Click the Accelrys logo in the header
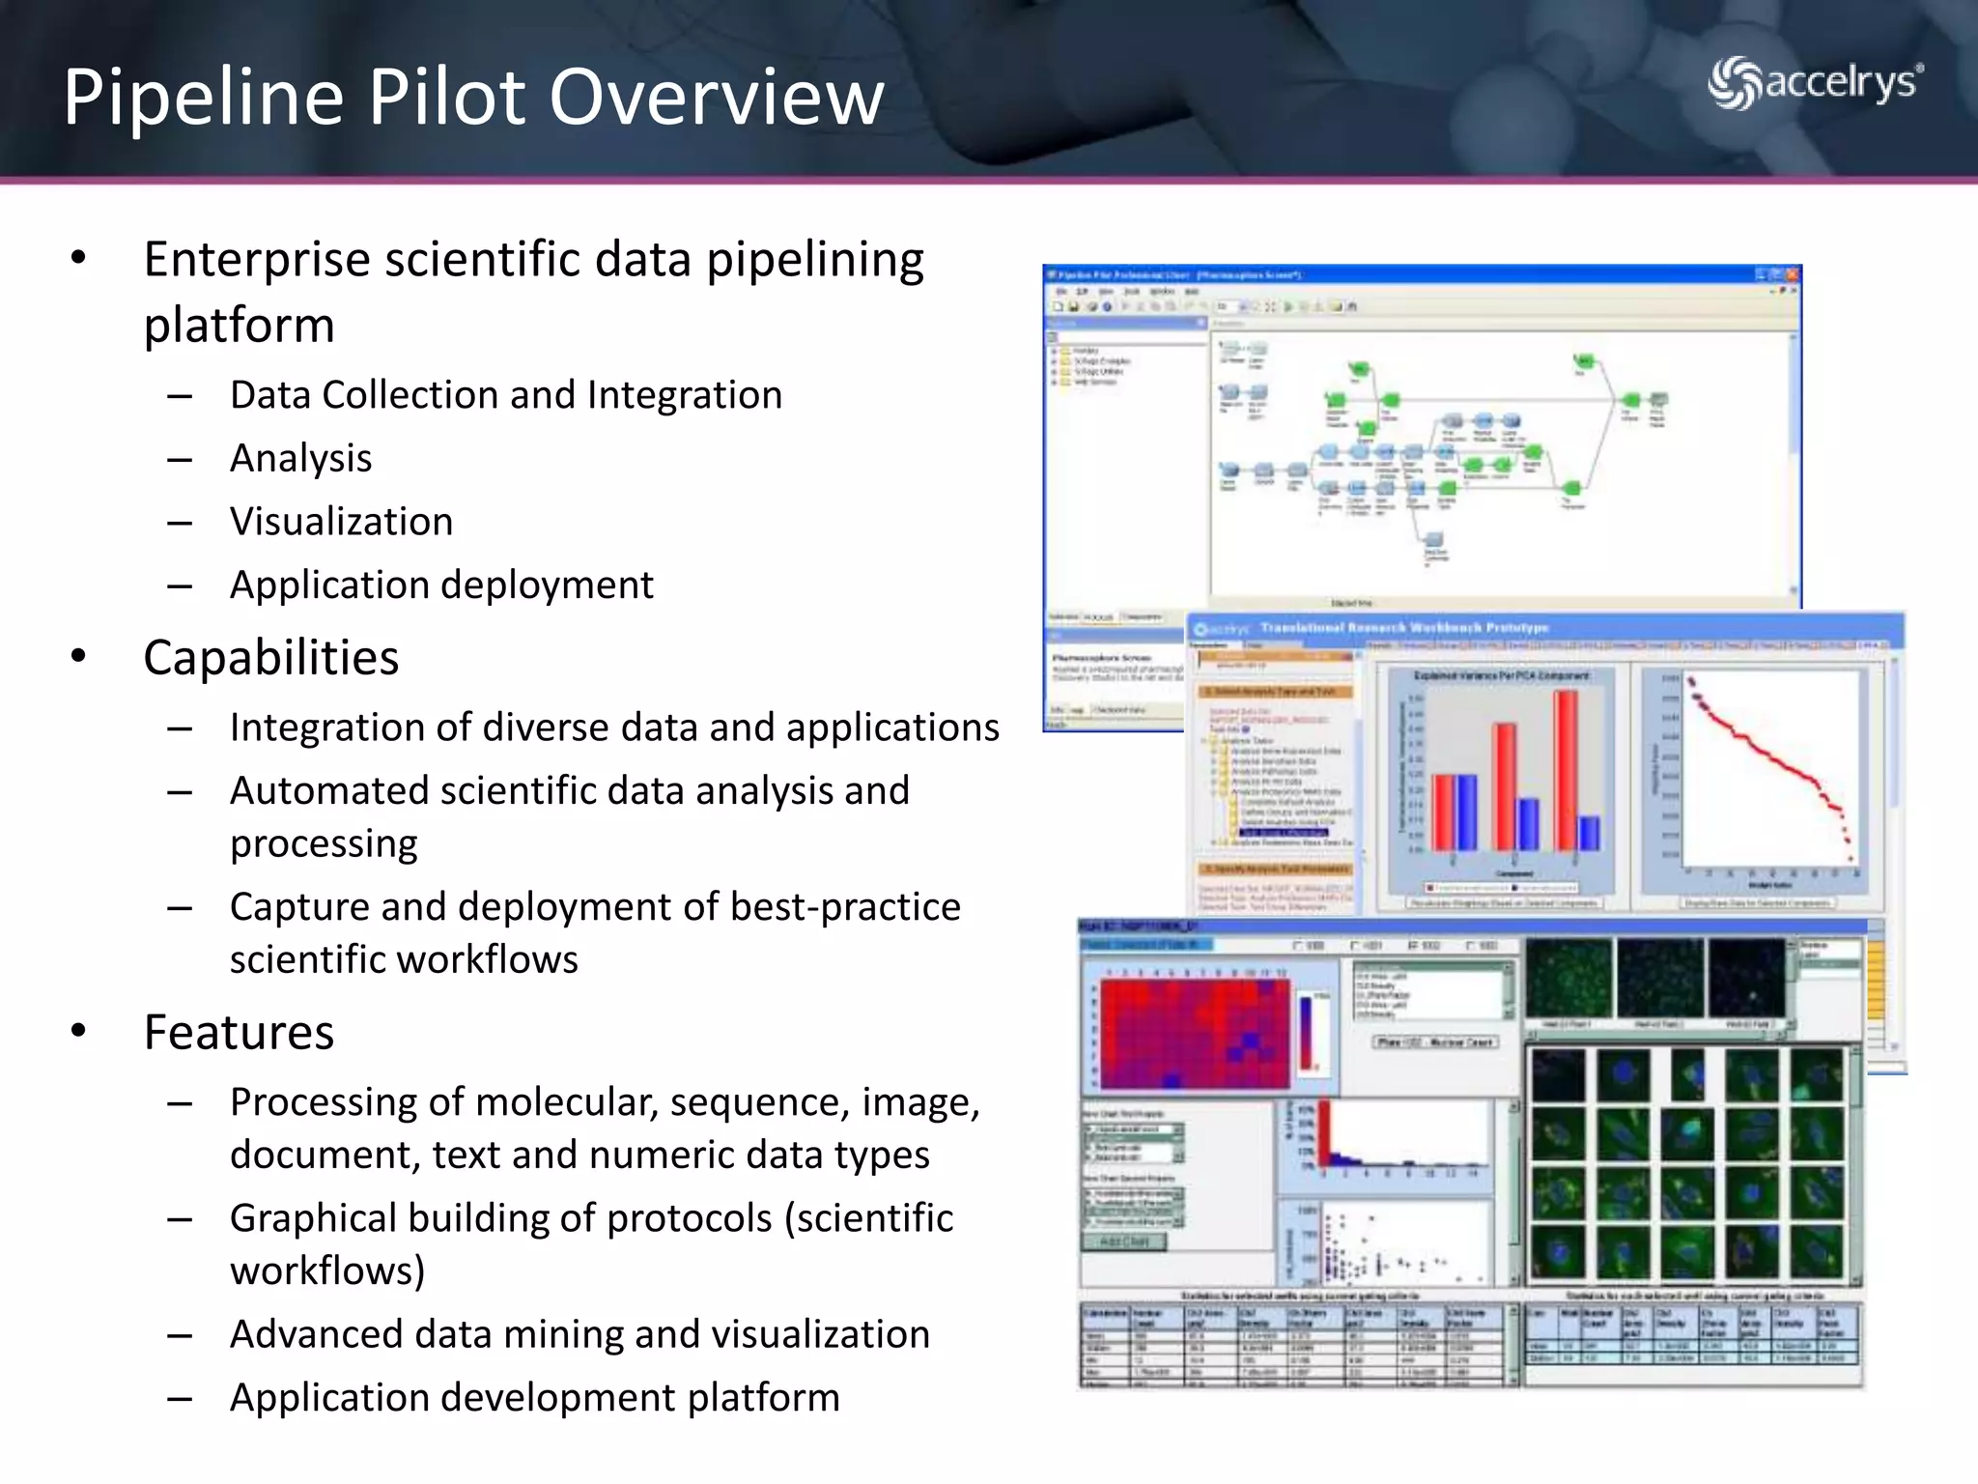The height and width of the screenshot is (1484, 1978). tap(1815, 83)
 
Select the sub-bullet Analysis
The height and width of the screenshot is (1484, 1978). tap(300, 458)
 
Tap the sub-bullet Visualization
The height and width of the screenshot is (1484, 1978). tap(341, 522)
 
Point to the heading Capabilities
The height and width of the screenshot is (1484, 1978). tap(270, 658)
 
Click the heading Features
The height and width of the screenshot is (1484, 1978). tap(239, 1032)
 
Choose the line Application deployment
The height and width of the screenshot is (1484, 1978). tap(440, 585)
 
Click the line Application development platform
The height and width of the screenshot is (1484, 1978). tap(534, 1398)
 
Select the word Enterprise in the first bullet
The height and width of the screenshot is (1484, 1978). tap(256, 260)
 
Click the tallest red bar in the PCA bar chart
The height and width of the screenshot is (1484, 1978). tap(1566, 768)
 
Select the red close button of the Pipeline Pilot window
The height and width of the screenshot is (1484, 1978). tap(1793, 275)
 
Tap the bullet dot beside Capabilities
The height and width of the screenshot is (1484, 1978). tap(78, 657)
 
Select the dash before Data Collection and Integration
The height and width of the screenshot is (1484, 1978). tap(180, 396)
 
